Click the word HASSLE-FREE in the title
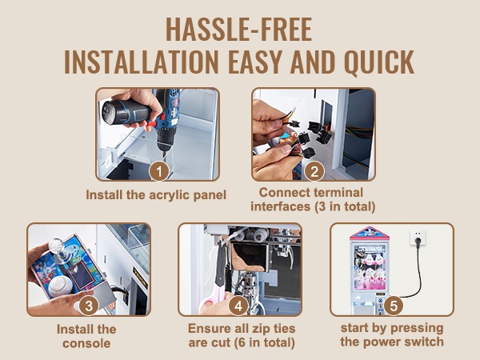238,30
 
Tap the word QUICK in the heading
379,62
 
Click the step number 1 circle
159,171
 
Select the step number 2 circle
314,171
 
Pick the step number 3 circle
89,306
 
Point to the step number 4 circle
238,306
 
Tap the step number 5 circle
394,306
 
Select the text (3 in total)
345,206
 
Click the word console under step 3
86,343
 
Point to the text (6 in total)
264,343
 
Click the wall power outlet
418,237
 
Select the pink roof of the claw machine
370,234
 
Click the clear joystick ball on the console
56,246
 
